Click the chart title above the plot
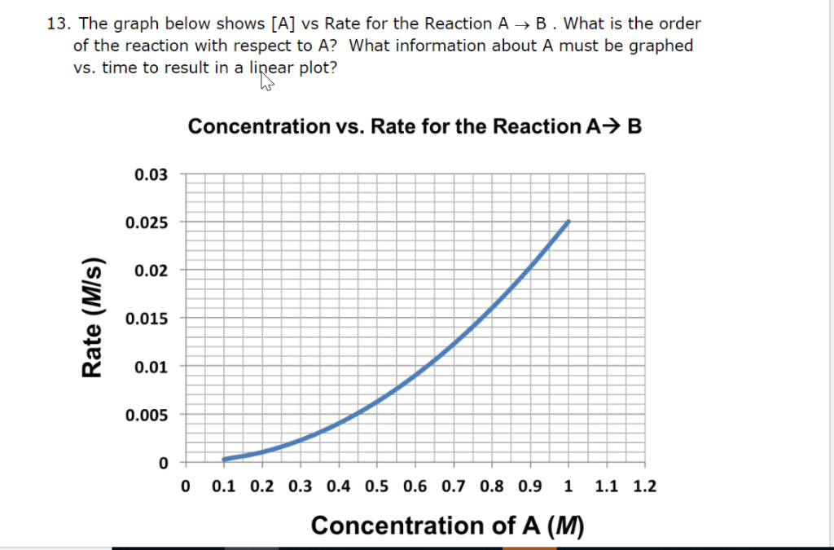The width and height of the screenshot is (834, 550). pyautogui.click(x=409, y=126)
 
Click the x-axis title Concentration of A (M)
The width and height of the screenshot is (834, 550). pyautogui.click(x=447, y=526)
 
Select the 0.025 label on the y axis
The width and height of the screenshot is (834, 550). pyautogui.click(x=147, y=222)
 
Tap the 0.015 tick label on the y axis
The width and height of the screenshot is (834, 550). pyautogui.click(x=147, y=319)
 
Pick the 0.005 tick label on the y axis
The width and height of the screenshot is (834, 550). pyautogui.click(x=147, y=416)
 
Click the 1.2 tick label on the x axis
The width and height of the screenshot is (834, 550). pyautogui.click(x=644, y=487)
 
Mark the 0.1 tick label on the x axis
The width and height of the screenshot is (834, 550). pyautogui.click(x=223, y=487)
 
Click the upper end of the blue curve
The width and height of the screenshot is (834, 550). pyautogui.click(x=568, y=222)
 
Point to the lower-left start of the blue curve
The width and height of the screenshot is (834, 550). pyautogui.click(x=224, y=460)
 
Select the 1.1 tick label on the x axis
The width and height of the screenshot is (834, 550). pyautogui.click(x=606, y=487)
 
